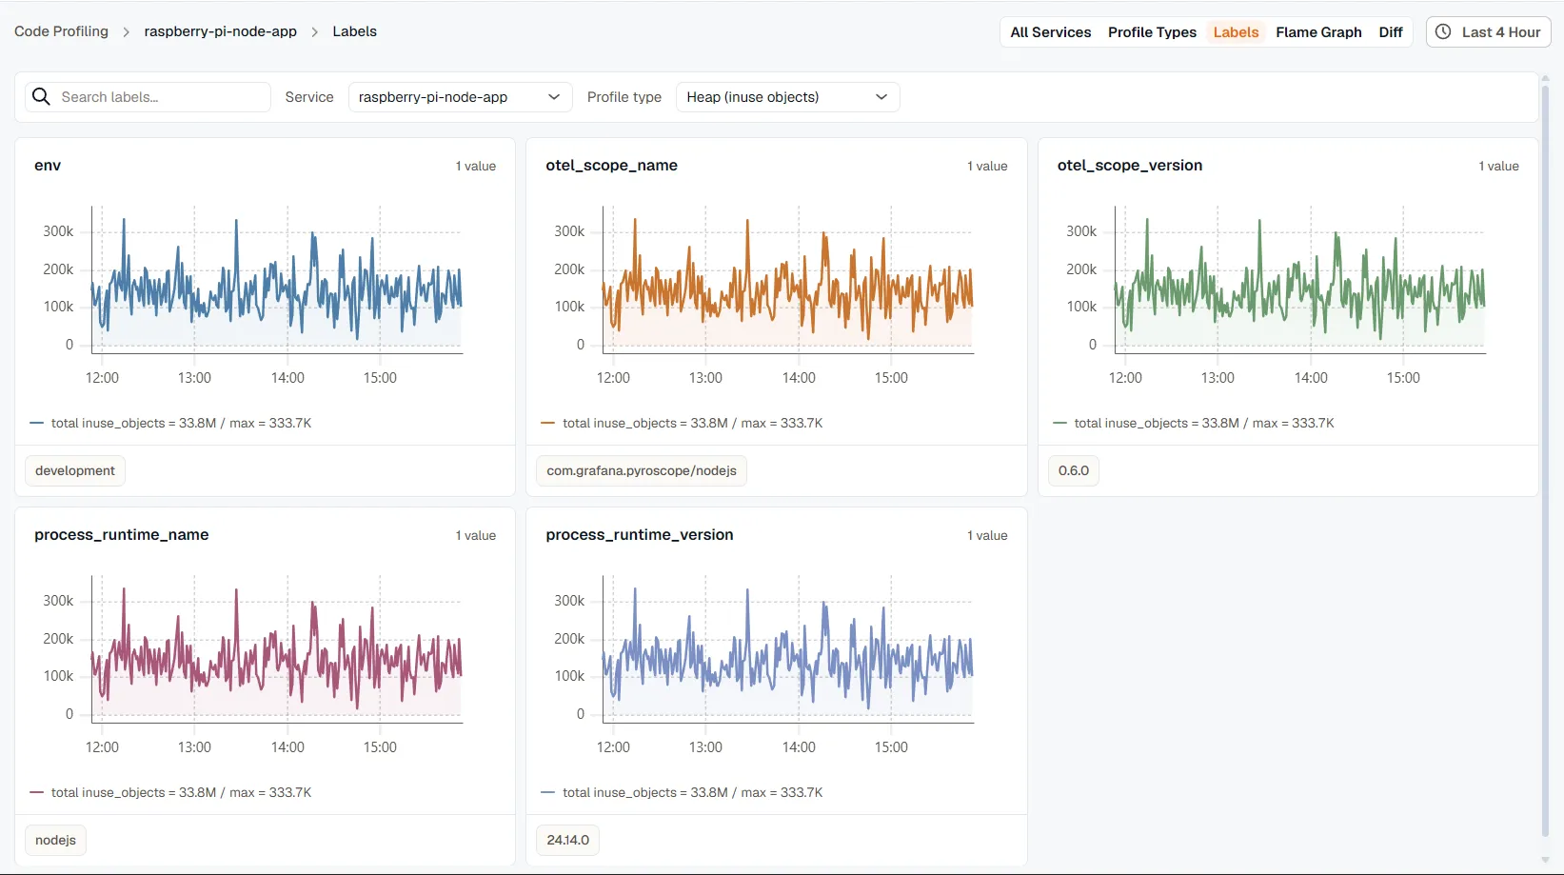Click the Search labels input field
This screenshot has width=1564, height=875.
tap(148, 97)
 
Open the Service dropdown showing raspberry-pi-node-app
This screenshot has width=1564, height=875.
tap(460, 97)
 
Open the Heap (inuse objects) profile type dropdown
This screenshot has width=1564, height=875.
tap(787, 97)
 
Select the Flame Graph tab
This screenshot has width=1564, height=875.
tap(1318, 32)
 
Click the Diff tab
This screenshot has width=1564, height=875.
tap(1390, 32)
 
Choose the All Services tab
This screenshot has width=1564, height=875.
tap(1050, 32)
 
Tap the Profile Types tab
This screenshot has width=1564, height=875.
tap(1152, 32)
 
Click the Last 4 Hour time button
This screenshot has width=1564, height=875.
tap(1488, 32)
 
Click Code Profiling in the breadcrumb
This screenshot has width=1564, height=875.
tap(62, 31)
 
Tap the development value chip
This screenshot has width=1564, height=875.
tap(74, 470)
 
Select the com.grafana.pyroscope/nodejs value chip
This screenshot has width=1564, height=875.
tap(641, 470)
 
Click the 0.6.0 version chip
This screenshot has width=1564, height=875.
tap(1073, 470)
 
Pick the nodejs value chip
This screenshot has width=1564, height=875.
tap(55, 840)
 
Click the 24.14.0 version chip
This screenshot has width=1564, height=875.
tap(567, 840)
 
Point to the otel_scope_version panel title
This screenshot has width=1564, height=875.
tap(1130, 166)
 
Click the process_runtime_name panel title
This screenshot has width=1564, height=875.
tap(122, 535)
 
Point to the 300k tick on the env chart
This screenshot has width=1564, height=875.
tap(58, 232)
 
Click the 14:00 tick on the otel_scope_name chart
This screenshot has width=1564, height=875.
tap(799, 378)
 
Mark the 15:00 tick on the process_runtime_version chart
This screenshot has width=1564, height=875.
tap(891, 747)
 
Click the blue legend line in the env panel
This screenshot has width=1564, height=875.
tap(37, 423)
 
